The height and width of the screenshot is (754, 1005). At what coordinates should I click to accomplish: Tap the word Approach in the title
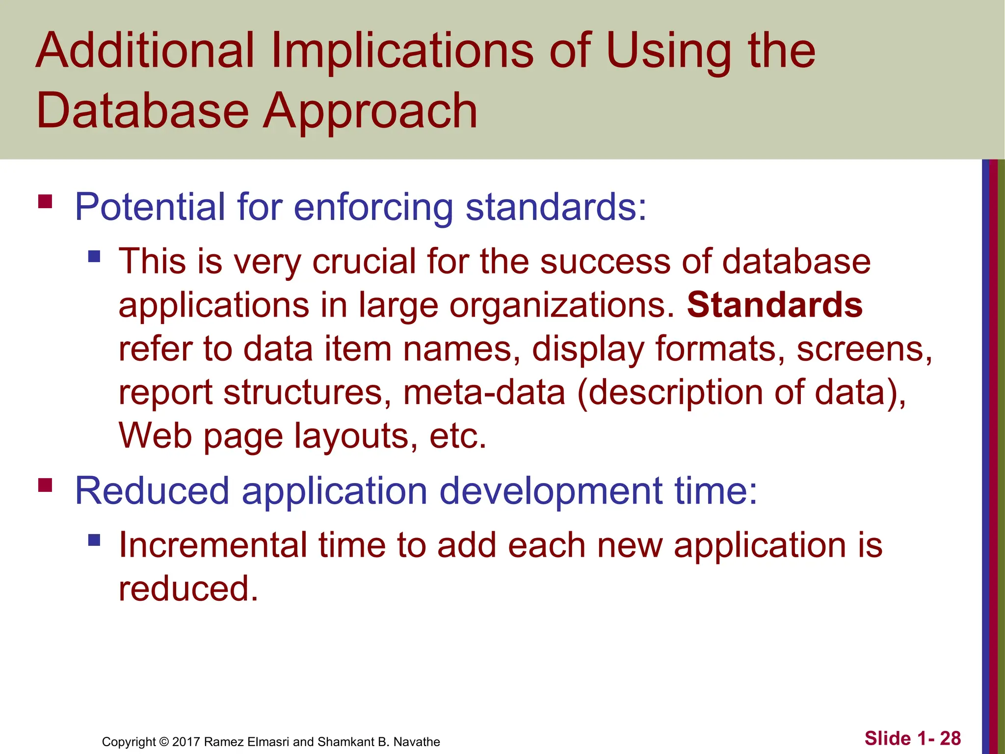(x=370, y=112)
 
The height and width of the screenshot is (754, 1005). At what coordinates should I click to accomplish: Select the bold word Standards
(x=774, y=305)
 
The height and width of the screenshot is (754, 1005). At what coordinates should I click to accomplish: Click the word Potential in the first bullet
(x=150, y=207)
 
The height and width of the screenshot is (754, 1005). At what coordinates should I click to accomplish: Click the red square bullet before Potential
(x=45, y=202)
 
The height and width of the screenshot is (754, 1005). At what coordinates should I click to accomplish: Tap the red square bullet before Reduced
(x=45, y=485)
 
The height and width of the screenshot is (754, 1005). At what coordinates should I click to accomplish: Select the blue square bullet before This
(x=94, y=256)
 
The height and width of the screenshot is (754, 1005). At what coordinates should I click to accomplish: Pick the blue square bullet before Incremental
(x=94, y=540)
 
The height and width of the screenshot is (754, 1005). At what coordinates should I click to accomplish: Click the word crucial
(x=364, y=261)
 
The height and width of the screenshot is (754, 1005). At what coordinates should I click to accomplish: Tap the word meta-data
(x=484, y=393)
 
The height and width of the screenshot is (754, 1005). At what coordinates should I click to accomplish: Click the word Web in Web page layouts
(x=155, y=436)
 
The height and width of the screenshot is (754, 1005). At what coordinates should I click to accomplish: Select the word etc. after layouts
(x=457, y=436)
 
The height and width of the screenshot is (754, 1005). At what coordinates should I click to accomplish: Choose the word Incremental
(x=212, y=545)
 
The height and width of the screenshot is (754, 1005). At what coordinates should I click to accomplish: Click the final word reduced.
(x=188, y=589)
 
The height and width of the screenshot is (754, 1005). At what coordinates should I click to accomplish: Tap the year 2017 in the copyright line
(x=186, y=742)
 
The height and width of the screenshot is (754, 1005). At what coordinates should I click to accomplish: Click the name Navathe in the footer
(x=417, y=742)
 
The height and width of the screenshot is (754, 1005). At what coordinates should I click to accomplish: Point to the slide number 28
(x=950, y=738)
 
